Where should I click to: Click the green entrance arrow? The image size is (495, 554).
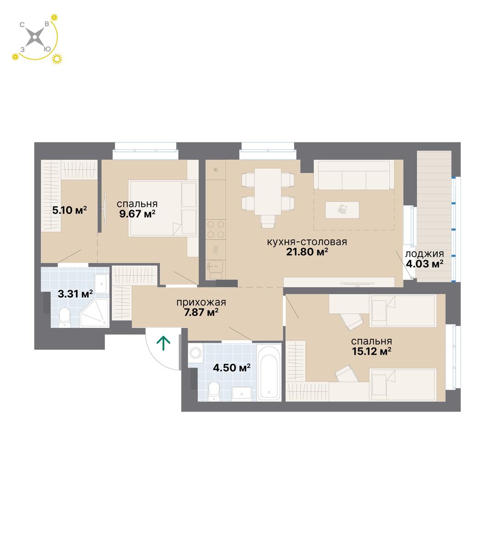click(163, 343)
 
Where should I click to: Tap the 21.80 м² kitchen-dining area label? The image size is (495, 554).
click(307, 252)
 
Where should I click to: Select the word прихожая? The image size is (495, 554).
click(201, 303)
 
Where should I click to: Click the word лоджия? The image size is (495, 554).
click(424, 254)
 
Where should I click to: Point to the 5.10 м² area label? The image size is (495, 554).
click(70, 210)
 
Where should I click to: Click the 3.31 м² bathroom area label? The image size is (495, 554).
click(75, 294)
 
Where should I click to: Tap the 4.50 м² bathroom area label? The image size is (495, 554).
click(231, 368)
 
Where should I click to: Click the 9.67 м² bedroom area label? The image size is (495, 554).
click(137, 213)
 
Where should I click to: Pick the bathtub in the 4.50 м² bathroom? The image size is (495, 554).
click(269, 372)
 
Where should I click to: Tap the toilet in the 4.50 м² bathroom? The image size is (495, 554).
click(214, 391)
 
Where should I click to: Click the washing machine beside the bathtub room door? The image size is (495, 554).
click(195, 353)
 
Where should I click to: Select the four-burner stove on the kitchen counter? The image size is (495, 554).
click(215, 229)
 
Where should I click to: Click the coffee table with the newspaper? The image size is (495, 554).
click(342, 210)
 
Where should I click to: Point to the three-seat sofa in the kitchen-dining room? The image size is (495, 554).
click(354, 175)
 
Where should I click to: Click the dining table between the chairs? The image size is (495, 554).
click(268, 191)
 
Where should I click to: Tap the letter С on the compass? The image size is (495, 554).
click(22, 25)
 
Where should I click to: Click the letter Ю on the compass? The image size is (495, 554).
click(47, 49)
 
